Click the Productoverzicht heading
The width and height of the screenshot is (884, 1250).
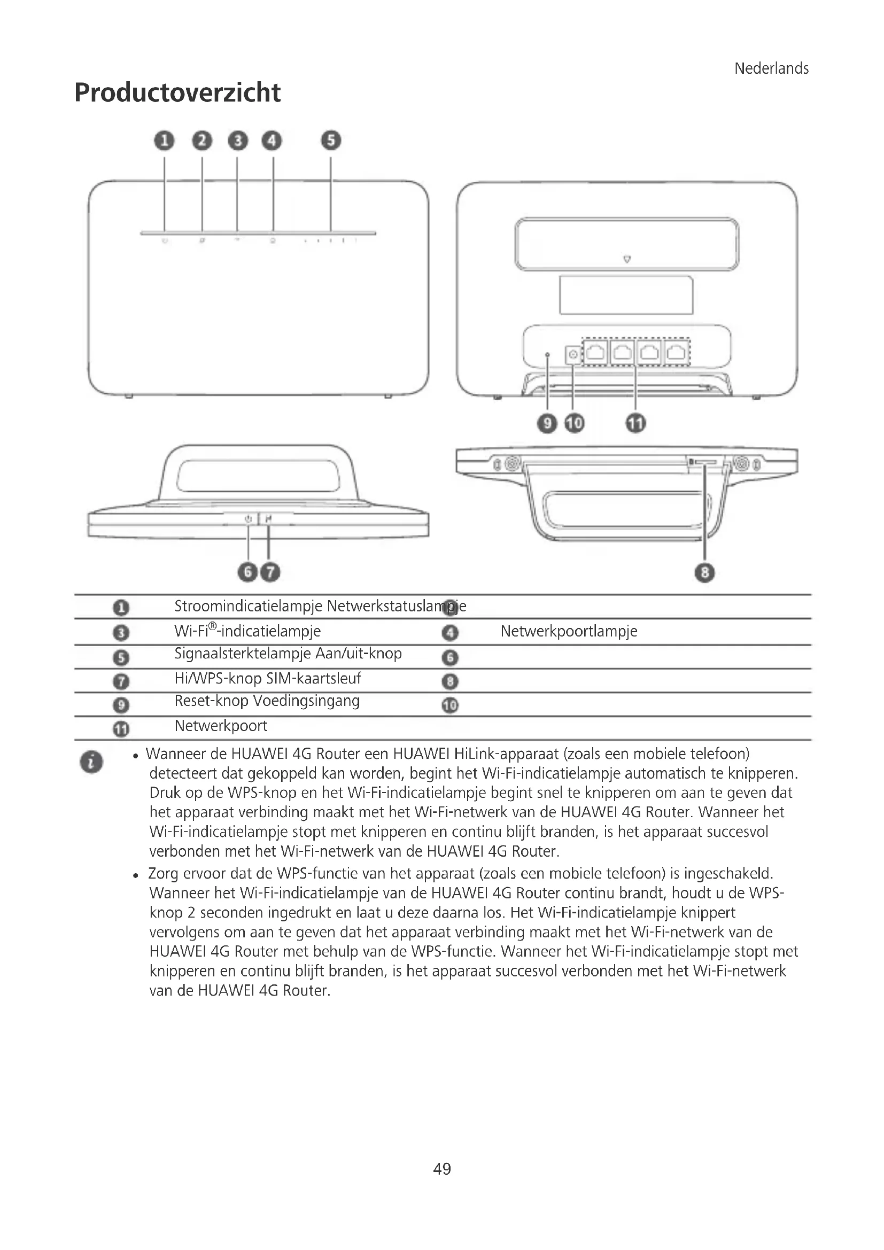[177, 92]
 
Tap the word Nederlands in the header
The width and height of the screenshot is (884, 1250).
[771, 68]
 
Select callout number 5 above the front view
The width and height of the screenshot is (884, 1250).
[330, 141]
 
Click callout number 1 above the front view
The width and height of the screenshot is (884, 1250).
[165, 141]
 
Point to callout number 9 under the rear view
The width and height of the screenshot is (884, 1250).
[547, 423]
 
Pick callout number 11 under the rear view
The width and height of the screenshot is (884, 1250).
[635, 423]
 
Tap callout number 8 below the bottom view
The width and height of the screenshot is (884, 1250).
[704, 572]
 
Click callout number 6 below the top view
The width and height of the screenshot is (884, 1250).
[247, 572]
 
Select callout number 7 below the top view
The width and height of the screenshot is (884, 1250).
[269, 572]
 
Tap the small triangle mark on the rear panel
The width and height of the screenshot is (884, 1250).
[626, 259]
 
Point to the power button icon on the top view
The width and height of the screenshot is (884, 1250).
[248, 519]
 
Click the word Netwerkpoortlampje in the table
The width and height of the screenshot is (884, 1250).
[568, 632]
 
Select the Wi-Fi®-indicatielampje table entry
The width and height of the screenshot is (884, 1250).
[247, 632]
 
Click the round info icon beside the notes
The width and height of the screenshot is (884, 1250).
[91, 762]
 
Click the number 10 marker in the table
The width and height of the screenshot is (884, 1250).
[449, 705]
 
